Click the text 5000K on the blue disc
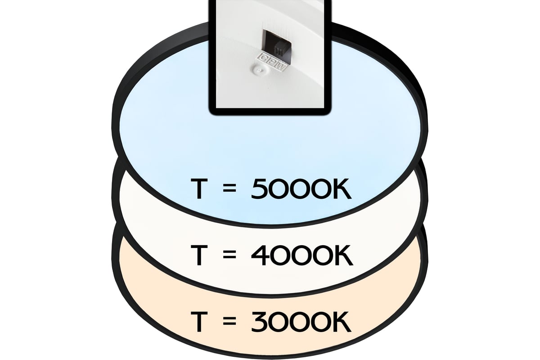[301, 189]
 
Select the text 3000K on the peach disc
[301, 322]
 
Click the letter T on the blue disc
[199, 189]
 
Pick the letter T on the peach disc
[199, 322]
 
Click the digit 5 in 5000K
[260, 189]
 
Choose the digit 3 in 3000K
[260, 322]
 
